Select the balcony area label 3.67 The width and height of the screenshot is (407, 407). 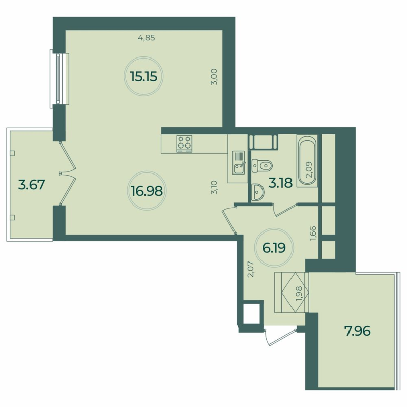click(x=32, y=184)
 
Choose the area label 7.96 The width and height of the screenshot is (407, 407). click(x=357, y=331)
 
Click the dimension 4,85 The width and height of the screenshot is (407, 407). click(x=146, y=37)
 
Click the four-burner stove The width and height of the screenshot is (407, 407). click(x=184, y=143)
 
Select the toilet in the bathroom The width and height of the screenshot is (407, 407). click(x=263, y=165)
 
